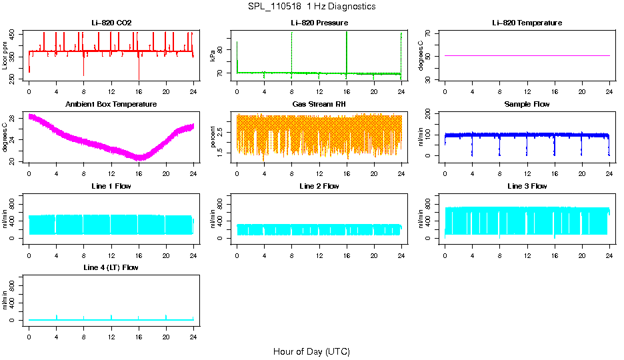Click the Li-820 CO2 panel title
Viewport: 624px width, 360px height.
tap(111, 23)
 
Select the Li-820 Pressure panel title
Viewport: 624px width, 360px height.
tap(319, 23)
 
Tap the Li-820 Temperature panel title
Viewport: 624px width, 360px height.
tap(527, 23)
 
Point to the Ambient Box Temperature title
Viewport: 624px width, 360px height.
tap(111, 105)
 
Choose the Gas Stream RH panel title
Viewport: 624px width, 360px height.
tap(319, 105)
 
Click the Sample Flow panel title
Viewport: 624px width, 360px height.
tap(527, 105)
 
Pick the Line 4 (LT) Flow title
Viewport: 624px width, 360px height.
tap(111, 267)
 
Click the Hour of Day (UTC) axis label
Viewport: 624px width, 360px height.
tap(311, 351)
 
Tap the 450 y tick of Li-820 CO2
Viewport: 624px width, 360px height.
tap(14, 33)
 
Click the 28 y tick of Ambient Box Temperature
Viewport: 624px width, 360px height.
tap(14, 117)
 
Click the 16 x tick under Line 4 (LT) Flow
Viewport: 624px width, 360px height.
tap(139, 330)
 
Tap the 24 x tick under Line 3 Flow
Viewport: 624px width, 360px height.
tap(609, 249)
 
